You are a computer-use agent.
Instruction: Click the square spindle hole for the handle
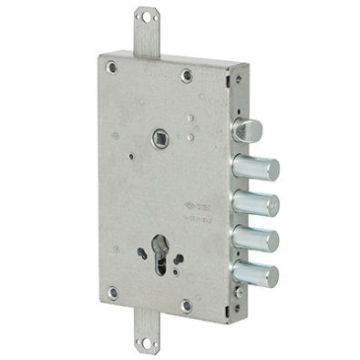pos(160,139)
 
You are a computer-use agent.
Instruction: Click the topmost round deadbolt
pos(256,168)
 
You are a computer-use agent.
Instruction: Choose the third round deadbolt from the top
pos(258,239)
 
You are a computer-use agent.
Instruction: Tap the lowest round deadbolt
pos(258,273)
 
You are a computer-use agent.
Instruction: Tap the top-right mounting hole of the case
pos(187,75)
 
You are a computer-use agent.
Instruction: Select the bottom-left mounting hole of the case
pos(112,293)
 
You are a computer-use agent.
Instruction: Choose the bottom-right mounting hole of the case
pos(186,305)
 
